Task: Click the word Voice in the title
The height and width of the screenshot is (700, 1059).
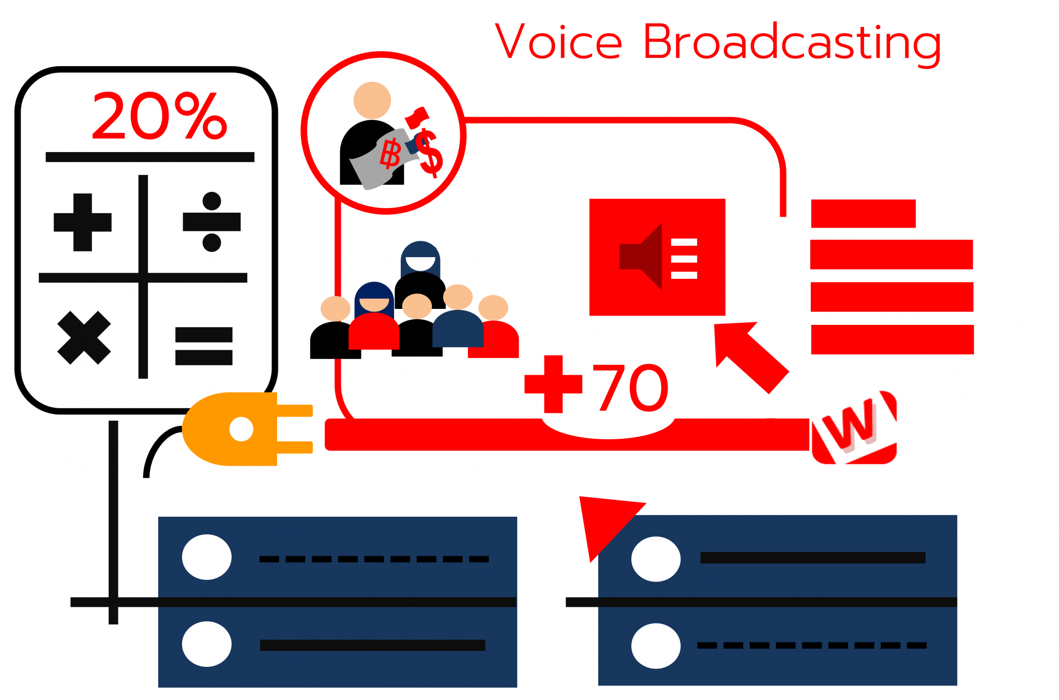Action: pyautogui.click(x=558, y=41)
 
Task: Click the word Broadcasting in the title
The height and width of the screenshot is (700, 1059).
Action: pyautogui.click(x=791, y=42)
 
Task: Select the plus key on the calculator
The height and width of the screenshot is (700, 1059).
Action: pyautogui.click(x=83, y=222)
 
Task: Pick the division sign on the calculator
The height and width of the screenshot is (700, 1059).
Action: pyautogui.click(x=211, y=222)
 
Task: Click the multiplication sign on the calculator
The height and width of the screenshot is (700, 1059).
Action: pyautogui.click(x=84, y=338)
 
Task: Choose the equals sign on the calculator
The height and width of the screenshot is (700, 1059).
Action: pyautogui.click(x=204, y=346)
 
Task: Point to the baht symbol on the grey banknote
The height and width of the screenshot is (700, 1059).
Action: pyautogui.click(x=390, y=154)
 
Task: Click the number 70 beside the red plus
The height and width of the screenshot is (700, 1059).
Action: pyautogui.click(x=630, y=388)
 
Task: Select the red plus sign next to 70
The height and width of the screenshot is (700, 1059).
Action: pyautogui.click(x=553, y=384)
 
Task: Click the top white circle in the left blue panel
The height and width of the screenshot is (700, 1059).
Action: pyautogui.click(x=207, y=557)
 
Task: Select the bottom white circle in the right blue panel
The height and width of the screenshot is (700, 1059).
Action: pyautogui.click(x=656, y=646)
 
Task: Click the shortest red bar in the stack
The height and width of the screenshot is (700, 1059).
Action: pyautogui.click(x=863, y=214)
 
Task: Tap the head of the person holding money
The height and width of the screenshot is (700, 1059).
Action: pyautogui.click(x=372, y=100)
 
